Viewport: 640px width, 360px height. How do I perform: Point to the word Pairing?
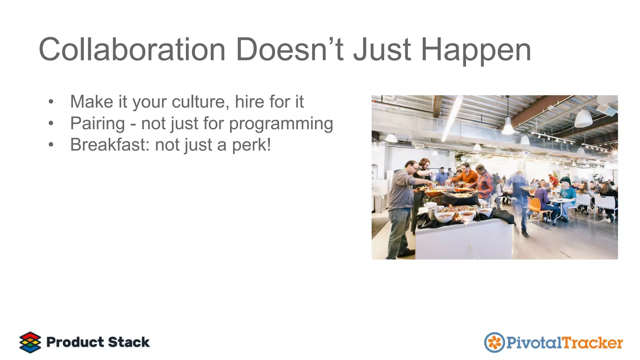(97, 123)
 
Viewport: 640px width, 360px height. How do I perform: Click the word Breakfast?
(110, 145)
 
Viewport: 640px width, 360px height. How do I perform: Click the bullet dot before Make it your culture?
(51, 102)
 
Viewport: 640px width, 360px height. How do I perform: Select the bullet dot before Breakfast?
(51, 145)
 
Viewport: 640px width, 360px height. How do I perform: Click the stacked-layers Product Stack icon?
(30, 342)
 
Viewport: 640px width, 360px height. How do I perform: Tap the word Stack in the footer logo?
(129, 342)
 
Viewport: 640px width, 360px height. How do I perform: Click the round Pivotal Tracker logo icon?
(494, 342)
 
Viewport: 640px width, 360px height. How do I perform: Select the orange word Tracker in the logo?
(593, 343)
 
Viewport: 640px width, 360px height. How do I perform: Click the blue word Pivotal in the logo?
(534, 343)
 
